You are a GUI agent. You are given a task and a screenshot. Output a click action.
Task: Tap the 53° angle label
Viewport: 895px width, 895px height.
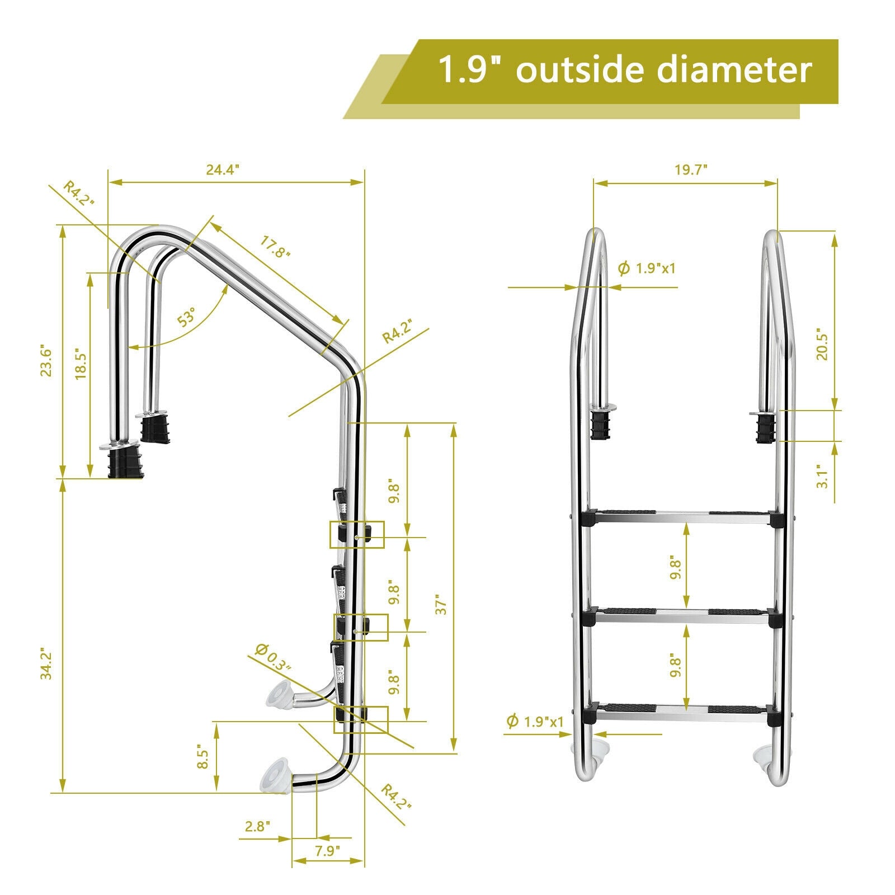186,317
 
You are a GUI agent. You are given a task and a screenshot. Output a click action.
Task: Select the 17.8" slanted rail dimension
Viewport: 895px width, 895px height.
275,247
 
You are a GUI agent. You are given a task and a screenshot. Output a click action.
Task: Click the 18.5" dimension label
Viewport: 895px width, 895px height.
81,366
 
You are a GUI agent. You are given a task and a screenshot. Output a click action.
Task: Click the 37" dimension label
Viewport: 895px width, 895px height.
442,605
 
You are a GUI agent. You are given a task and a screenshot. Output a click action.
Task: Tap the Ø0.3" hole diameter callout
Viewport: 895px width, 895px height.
273,658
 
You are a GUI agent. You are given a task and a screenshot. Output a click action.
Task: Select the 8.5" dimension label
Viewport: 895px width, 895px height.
203,759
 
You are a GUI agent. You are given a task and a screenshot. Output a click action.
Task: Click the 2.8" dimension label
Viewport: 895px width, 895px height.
258,826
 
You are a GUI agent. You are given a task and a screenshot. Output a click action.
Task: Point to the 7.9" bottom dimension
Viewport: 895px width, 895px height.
327,851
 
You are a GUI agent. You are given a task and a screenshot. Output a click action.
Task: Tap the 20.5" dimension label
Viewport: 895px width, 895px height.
822,344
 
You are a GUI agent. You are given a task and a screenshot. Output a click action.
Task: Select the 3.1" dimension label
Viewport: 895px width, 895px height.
822,476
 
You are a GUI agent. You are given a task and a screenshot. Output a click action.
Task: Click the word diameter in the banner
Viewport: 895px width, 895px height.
734,70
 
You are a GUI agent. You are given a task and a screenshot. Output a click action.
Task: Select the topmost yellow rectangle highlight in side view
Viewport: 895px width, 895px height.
356,534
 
